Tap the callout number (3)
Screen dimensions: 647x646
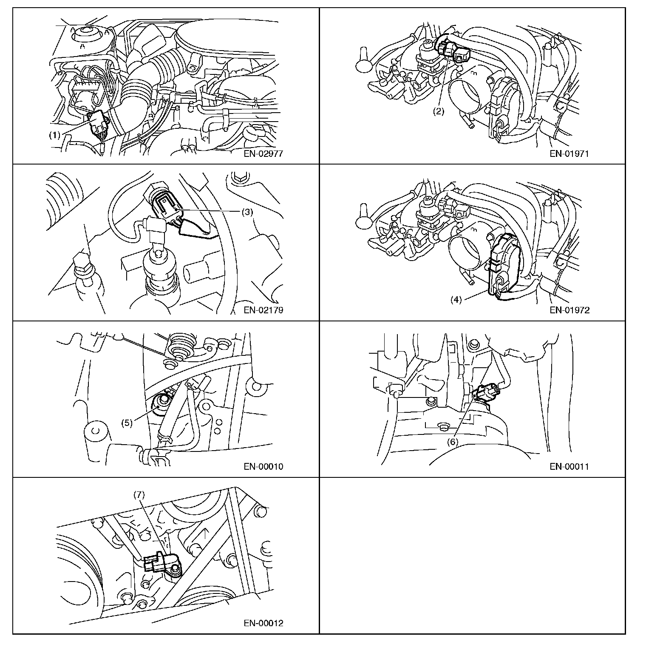click(x=247, y=212)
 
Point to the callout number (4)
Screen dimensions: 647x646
click(x=456, y=299)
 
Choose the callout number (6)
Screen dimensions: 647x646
click(x=452, y=442)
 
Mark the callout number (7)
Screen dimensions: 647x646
click(x=139, y=494)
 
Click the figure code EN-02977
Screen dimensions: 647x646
click(x=263, y=154)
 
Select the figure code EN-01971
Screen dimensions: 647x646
click(x=569, y=154)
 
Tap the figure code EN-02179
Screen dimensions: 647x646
click(x=263, y=310)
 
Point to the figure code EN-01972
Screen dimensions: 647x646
click(x=569, y=310)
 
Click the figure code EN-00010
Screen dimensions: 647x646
click(x=263, y=466)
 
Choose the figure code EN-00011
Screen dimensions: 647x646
click(x=569, y=466)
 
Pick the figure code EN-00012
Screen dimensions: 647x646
click(x=263, y=623)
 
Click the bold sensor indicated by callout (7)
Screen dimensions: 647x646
click(x=163, y=563)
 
